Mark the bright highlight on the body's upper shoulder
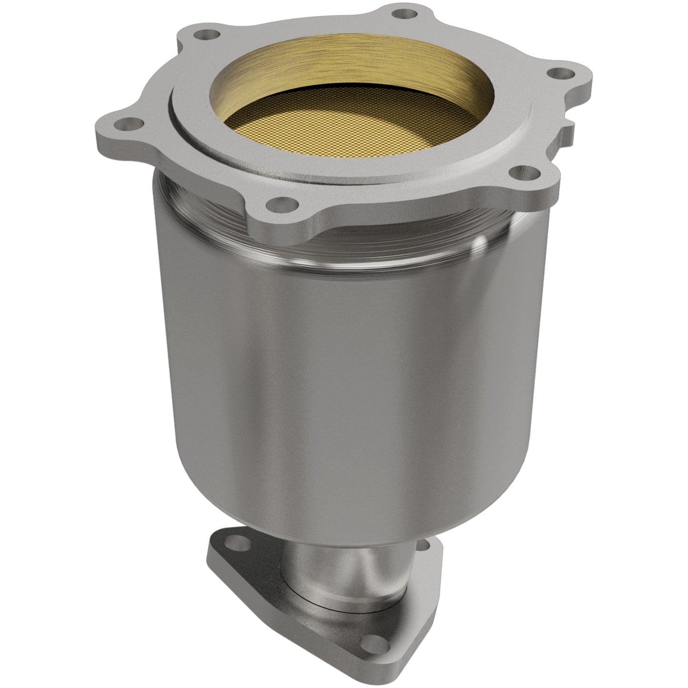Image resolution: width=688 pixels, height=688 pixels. point(476,248)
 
